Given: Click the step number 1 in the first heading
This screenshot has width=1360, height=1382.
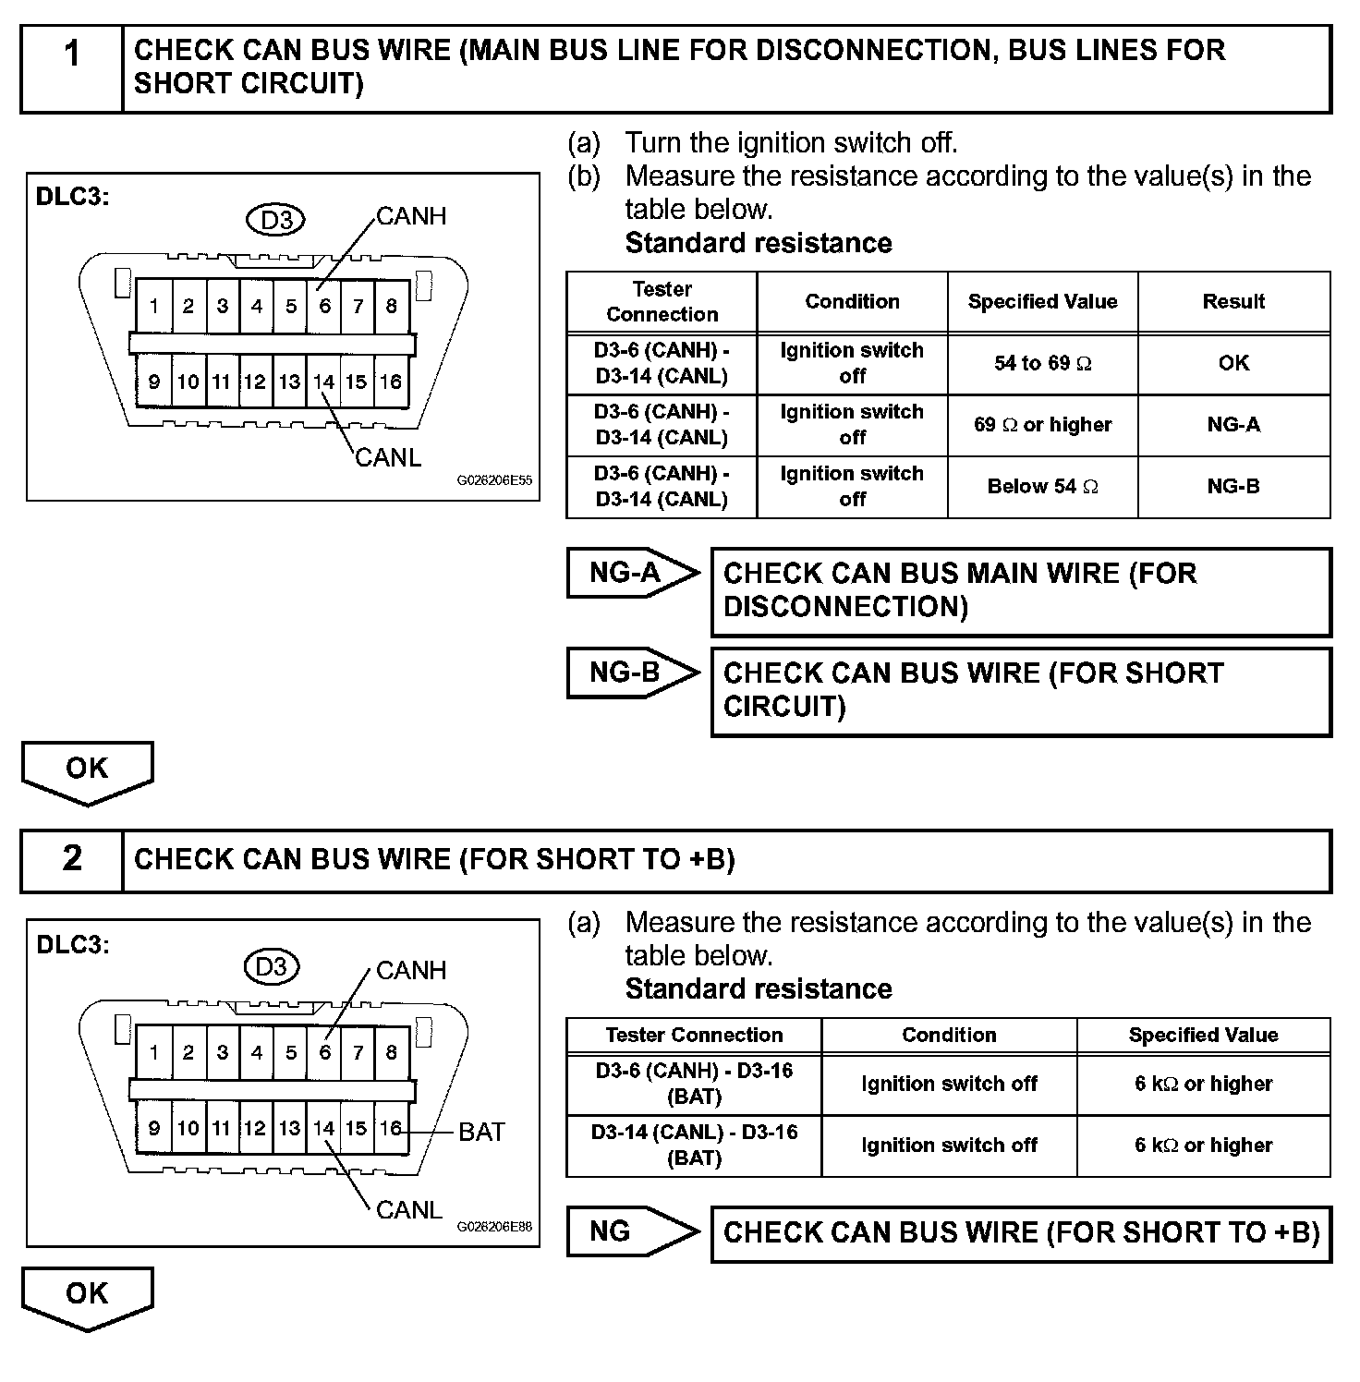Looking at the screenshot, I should coord(72,55).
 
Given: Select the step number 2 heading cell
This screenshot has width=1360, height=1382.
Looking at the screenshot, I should coord(72,859).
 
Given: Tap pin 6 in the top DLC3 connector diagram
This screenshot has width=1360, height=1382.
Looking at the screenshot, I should coord(324,306).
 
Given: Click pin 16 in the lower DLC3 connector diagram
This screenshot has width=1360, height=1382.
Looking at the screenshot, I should coord(391,1128).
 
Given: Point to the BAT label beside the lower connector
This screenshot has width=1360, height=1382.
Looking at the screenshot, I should coord(481,1132).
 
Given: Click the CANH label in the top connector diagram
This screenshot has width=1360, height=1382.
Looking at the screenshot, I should coord(411,216).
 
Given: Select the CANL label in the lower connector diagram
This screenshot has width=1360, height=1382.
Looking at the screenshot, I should coord(409,1210).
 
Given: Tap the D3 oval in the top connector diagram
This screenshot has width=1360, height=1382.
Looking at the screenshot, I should coord(276,220).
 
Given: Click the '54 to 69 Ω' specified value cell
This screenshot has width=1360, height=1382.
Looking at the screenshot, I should coord(1042,364).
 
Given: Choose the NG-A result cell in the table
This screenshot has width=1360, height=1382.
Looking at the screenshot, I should coord(1233,425).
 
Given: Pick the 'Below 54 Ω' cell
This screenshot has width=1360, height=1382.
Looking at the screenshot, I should coord(1042,487).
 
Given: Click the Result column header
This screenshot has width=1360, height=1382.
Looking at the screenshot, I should coord(1233,302).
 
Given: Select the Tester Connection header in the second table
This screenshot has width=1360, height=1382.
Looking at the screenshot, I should coord(694,1036).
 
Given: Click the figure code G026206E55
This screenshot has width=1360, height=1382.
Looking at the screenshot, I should coord(494,481).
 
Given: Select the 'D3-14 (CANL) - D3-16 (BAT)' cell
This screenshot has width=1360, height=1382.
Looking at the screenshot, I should coord(694,1146).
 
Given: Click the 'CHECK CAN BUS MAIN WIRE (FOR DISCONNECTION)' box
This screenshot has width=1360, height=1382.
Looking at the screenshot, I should coord(1021,591).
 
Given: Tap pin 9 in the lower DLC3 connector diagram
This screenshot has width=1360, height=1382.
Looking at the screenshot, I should coord(154,1128).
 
